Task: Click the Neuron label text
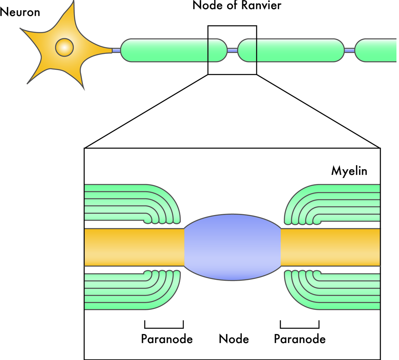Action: (x=20, y=12)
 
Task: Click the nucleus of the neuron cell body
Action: (x=64, y=47)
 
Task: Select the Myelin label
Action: (x=349, y=171)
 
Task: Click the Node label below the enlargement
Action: (x=234, y=339)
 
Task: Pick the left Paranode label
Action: (x=166, y=339)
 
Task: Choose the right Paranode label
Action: (x=300, y=339)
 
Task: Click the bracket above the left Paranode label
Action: (x=164, y=326)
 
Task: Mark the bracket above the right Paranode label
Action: (x=300, y=326)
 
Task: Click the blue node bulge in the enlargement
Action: (x=233, y=247)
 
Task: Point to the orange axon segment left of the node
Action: (x=134, y=247)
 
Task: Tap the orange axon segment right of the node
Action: (x=330, y=247)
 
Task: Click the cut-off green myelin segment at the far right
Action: (x=377, y=50)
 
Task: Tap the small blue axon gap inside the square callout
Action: (x=233, y=50)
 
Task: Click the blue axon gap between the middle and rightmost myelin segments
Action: (x=350, y=50)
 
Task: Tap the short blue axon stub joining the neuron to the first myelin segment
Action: (x=116, y=50)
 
